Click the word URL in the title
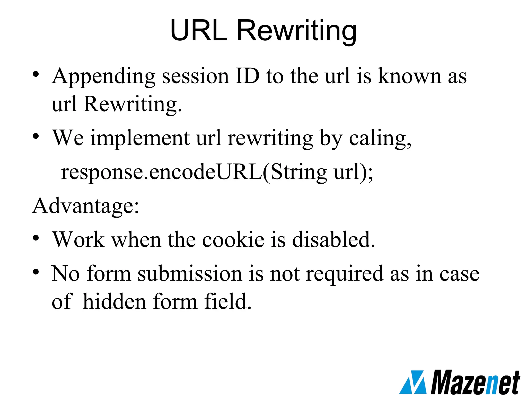point(198,30)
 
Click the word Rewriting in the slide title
point(296,31)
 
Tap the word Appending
point(103,77)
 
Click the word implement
point(140,138)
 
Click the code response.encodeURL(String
point(194,172)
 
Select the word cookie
point(233,240)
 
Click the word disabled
point(334,240)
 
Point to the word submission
point(190,274)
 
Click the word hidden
point(115,301)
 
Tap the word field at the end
point(227,301)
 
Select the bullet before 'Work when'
point(36,238)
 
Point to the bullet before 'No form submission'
point(36,272)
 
